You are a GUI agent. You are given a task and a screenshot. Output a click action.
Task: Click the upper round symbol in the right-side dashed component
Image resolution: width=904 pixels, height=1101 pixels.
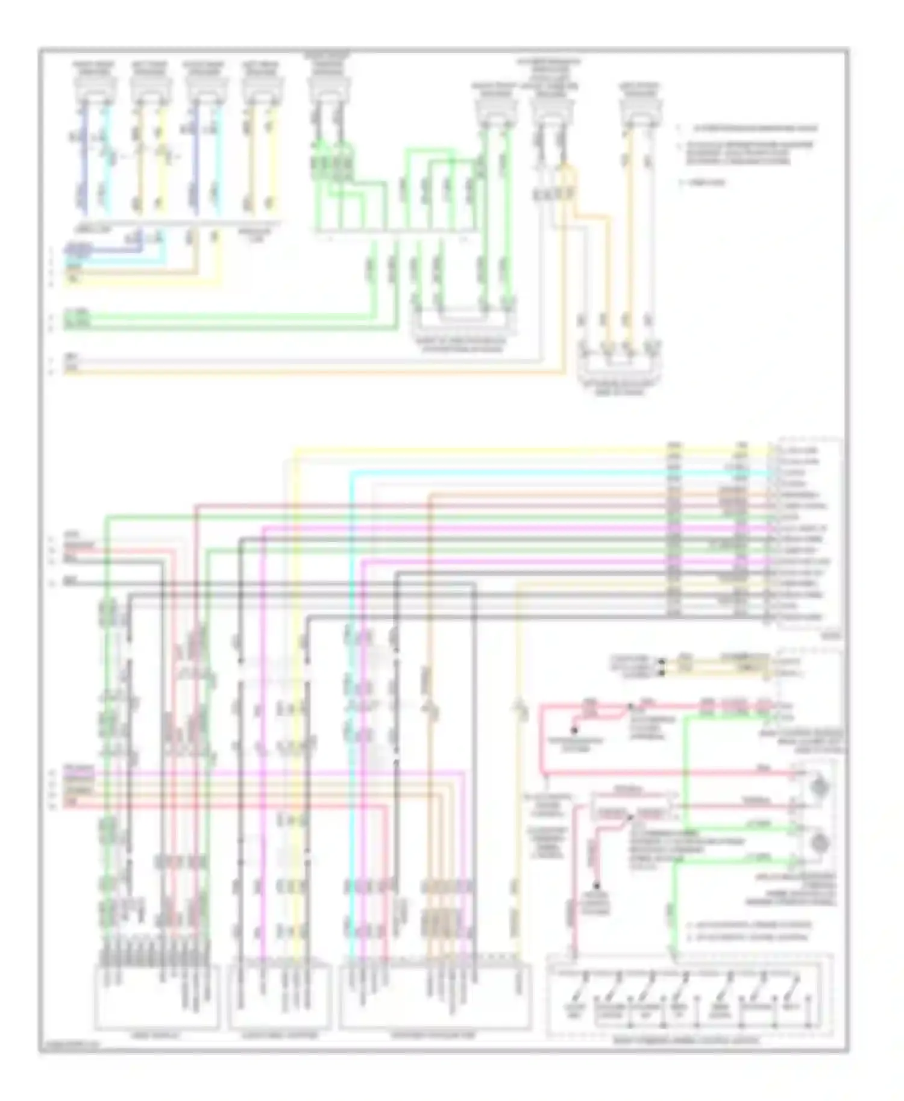coord(819,785)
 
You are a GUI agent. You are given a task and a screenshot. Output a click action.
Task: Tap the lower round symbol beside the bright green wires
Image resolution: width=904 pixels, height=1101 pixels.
coord(819,843)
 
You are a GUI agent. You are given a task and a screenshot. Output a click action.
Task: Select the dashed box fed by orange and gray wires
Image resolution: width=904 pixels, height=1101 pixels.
coord(618,366)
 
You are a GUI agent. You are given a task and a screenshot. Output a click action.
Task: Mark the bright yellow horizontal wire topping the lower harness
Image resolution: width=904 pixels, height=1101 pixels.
coord(530,449)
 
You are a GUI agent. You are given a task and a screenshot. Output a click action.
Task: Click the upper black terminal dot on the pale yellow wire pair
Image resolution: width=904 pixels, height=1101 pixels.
coord(661,662)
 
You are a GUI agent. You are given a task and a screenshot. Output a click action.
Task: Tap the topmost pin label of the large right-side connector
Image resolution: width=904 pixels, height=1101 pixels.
coord(799,451)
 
